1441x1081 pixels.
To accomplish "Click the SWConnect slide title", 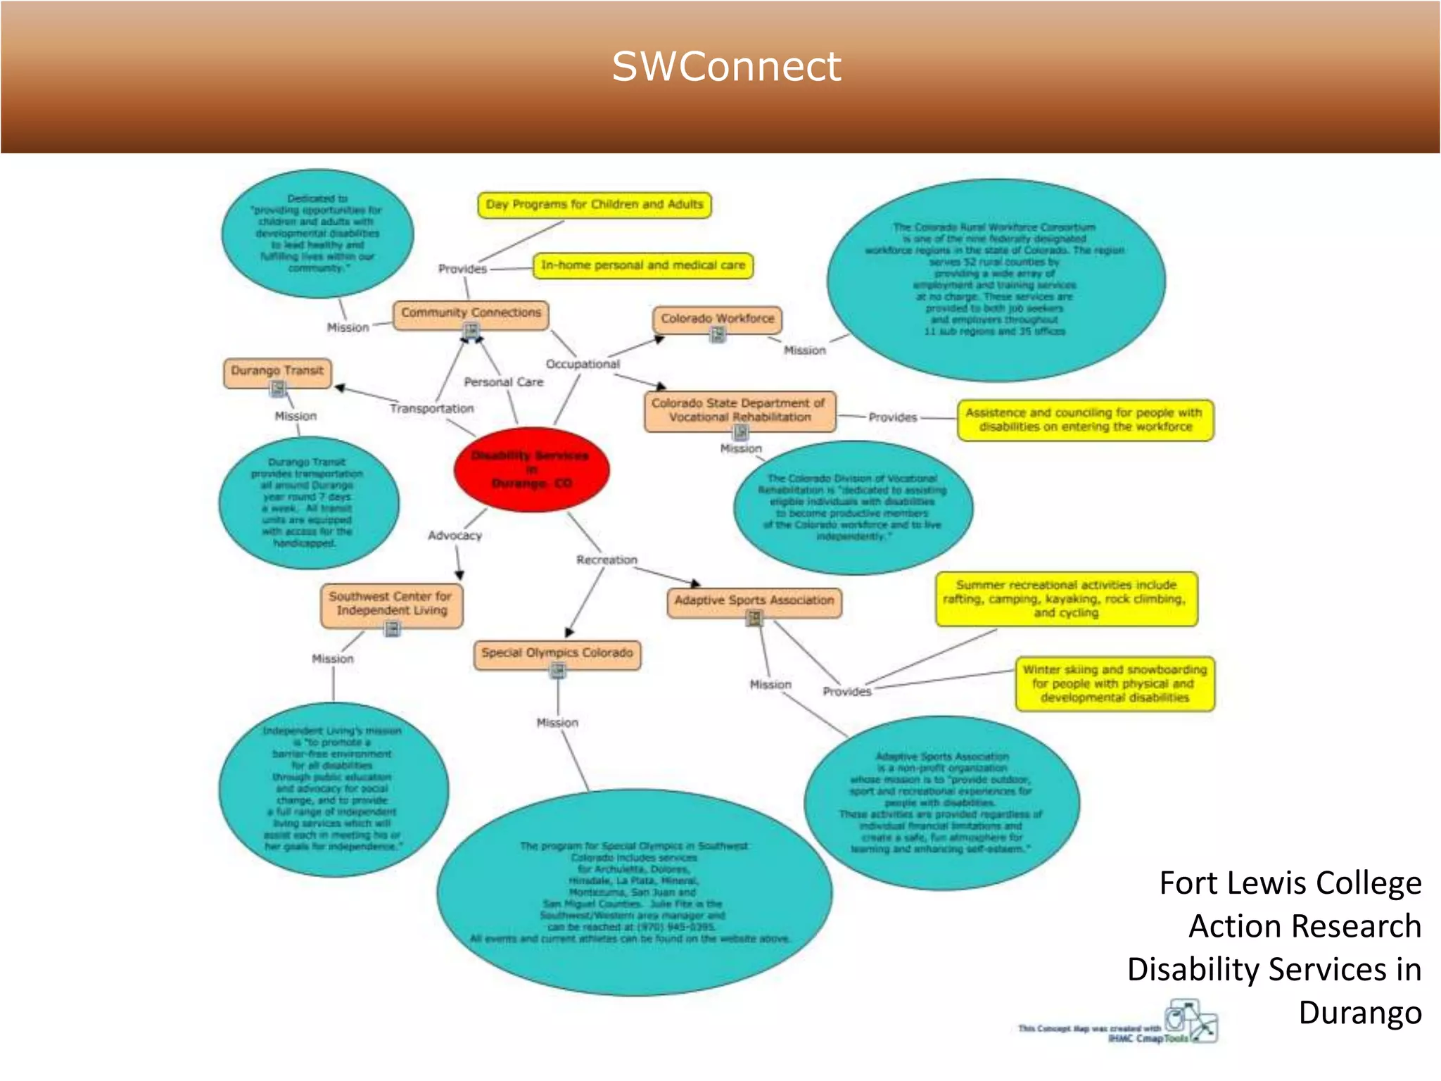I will pos(725,67).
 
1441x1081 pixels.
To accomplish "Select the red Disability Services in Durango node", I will pos(531,469).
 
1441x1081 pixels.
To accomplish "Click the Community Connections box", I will pos(471,312).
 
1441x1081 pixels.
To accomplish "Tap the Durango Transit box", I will pos(277,371).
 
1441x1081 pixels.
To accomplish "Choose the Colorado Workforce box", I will pos(717,319).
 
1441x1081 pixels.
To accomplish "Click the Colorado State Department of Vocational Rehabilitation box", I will pos(739,410).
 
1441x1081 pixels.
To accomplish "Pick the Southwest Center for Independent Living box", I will pos(391,604).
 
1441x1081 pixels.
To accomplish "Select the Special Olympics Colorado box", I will pos(557,653).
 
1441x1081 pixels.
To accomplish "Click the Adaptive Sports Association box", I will pos(754,601).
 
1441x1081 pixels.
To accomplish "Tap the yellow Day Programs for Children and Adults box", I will pos(594,205).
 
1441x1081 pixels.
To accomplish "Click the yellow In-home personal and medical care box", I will pos(642,265).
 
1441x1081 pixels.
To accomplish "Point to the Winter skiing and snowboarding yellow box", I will pos(1115,684).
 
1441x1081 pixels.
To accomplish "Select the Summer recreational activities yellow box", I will pos(1065,599).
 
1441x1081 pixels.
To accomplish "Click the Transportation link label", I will pos(431,409).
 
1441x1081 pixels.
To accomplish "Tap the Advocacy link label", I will pos(455,536).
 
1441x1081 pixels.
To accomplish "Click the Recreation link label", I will pos(607,560).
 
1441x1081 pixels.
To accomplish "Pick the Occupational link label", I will pos(583,365).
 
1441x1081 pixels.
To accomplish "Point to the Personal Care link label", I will pos(503,382).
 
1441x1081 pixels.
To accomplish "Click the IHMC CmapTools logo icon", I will pos(1191,1021).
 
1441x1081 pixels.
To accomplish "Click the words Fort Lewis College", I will pos(1290,883).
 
